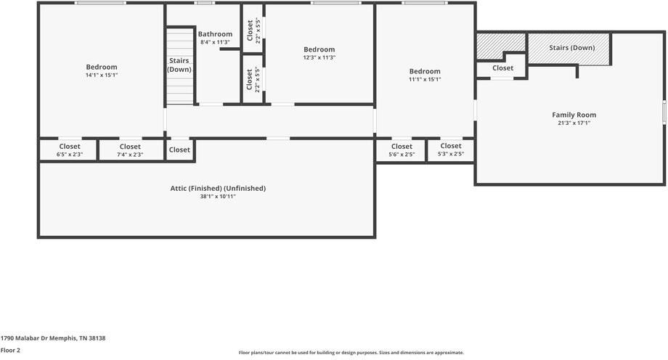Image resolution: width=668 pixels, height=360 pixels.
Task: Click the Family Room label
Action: pos(574,115)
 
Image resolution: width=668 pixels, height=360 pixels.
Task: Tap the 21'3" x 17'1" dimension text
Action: pos(574,123)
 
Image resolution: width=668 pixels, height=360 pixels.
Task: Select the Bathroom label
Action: pos(215,34)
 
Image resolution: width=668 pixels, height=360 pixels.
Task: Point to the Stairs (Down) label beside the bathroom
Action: pos(179,65)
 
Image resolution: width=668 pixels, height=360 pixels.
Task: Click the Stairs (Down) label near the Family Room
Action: pos(571,48)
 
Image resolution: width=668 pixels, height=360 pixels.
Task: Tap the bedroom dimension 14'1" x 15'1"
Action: pos(101,75)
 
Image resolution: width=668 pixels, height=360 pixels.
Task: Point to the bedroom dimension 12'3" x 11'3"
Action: pos(319,57)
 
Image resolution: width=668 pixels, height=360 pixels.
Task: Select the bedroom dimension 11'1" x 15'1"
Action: pos(424,80)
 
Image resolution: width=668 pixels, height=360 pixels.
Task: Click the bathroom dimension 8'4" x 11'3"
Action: pos(215,42)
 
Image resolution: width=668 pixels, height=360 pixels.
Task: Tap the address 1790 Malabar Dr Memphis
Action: pos(53,338)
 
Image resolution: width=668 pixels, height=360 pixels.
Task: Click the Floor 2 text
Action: pos(10,350)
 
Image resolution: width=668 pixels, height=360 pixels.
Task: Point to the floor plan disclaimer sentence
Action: pos(351,353)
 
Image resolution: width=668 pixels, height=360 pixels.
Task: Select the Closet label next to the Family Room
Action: pos(502,68)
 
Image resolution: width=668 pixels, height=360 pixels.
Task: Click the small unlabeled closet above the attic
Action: pos(179,150)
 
